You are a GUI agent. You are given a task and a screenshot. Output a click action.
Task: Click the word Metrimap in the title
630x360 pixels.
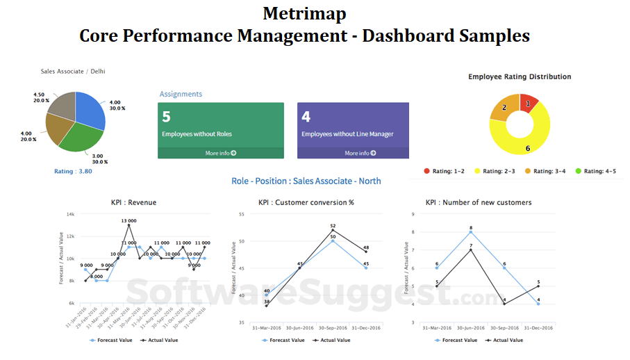pyautogui.click(x=304, y=13)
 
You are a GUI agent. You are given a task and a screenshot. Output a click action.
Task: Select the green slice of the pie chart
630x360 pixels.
pyautogui.click(x=81, y=138)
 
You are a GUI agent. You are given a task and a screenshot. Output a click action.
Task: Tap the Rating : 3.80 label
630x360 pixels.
pyautogui.click(x=73, y=171)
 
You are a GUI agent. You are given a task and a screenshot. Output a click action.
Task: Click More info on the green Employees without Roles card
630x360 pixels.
pyautogui.click(x=221, y=153)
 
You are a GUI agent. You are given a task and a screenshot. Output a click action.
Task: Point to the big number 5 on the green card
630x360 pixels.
pyautogui.click(x=167, y=117)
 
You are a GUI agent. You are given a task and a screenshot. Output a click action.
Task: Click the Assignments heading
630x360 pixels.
pyautogui.click(x=181, y=94)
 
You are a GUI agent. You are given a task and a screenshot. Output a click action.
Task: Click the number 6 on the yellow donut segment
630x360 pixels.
pyautogui.click(x=527, y=148)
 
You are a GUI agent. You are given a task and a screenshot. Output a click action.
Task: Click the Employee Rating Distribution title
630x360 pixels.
pyautogui.click(x=520, y=76)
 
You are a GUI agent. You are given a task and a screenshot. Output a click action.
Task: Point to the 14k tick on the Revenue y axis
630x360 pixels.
pyautogui.click(x=70, y=214)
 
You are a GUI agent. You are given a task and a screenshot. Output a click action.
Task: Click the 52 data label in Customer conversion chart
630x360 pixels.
pyautogui.click(x=333, y=226)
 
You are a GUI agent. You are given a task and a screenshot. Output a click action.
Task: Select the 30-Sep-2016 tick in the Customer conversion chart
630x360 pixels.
pyautogui.click(x=333, y=328)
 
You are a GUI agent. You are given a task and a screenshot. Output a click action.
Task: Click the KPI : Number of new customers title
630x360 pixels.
pyautogui.click(x=479, y=202)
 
